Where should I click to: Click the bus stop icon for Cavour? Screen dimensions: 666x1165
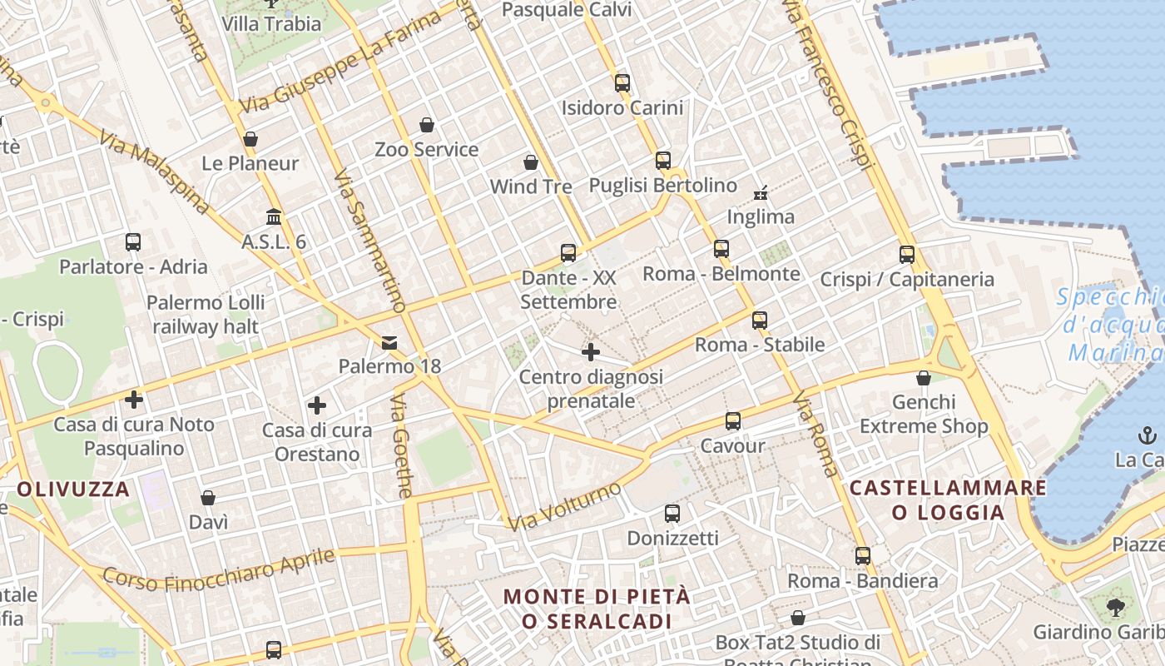pyautogui.click(x=732, y=421)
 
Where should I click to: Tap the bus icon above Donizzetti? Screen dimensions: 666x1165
pyautogui.click(x=672, y=514)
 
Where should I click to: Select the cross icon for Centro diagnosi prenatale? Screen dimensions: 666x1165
pyautogui.click(x=591, y=352)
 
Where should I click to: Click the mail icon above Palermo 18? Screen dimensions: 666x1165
pyautogui.click(x=389, y=343)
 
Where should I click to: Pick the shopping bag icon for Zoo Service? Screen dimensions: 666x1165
pyautogui.click(x=427, y=125)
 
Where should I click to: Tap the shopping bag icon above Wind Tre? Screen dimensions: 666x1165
pyautogui.click(x=531, y=162)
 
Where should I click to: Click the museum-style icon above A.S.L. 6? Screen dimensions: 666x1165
pyautogui.click(x=273, y=217)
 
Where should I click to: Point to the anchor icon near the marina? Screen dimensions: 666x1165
pyautogui.click(x=1147, y=435)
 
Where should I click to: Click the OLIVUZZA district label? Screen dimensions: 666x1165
pyautogui.click(x=73, y=489)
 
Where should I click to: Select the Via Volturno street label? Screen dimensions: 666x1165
pyautogui.click(x=565, y=505)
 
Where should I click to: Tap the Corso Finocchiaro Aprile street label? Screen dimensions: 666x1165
pyautogui.click(x=219, y=569)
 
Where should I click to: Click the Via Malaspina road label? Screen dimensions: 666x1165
pyautogui.click(x=153, y=172)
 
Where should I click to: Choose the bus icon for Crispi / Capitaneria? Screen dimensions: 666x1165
pyautogui.click(x=907, y=255)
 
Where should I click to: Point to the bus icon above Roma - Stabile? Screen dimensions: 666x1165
pyautogui.click(x=759, y=320)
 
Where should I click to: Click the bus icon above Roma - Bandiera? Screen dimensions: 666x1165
pyautogui.click(x=863, y=555)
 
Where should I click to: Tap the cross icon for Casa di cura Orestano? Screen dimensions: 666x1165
pyautogui.click(x=316, y=405)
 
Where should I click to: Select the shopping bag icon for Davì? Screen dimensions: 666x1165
pyautogui.click(x=208, y=498)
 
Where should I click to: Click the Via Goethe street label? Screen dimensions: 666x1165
pyautogui.click(x=401, y=446)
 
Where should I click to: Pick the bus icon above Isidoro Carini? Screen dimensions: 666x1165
pyautogui.click(x=622, y=82)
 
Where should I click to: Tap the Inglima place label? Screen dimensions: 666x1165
pyautogui.click(x=761, y=216)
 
